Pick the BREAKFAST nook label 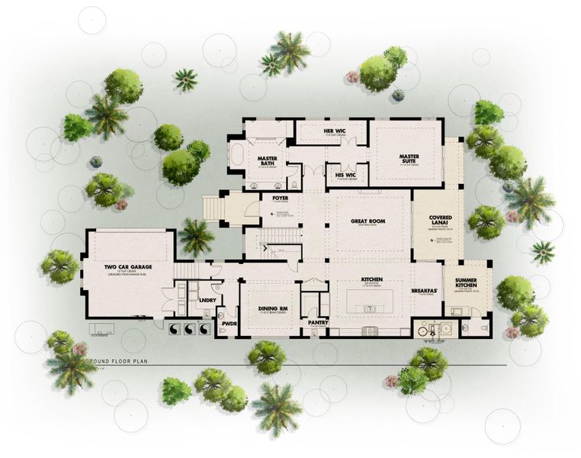pyautogui.click(x=425, y=290)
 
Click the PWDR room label pyautogui.click(x=227, y=323)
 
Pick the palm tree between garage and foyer pyautogui.click(x=196, y=236)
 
